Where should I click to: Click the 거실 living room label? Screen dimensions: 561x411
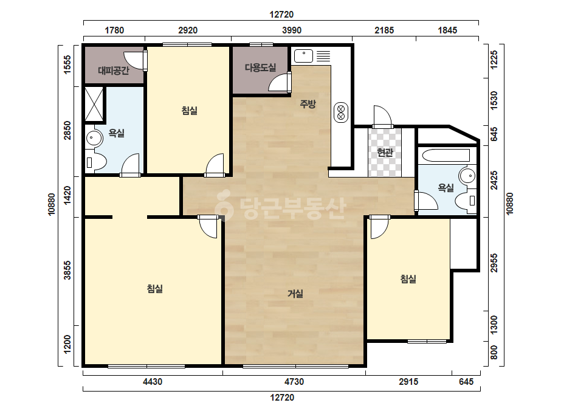[295, 294]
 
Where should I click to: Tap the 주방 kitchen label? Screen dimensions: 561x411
[308, 104]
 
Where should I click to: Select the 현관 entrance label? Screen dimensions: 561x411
[385, 153]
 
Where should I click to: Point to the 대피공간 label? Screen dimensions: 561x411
[114, 70]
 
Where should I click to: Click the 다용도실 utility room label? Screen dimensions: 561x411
[260, 67]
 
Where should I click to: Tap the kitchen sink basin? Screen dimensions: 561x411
[304, 56]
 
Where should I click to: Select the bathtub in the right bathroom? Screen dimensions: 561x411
[446, 156]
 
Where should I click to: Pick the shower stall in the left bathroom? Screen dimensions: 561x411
[94, 104]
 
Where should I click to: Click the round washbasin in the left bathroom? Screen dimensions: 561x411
[94, 138]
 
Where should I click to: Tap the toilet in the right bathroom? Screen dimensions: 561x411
[467, 201]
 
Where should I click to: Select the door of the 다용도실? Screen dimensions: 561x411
[279, 82]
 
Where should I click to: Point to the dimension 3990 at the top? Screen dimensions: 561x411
[292, 30]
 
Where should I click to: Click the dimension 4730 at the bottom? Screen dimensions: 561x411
[294, 382]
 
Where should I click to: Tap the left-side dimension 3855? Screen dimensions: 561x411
[67, 271]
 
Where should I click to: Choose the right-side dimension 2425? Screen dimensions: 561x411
[494, 181]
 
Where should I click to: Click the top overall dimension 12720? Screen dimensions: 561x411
[281, 15]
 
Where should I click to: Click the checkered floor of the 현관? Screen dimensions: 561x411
[385, 152]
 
